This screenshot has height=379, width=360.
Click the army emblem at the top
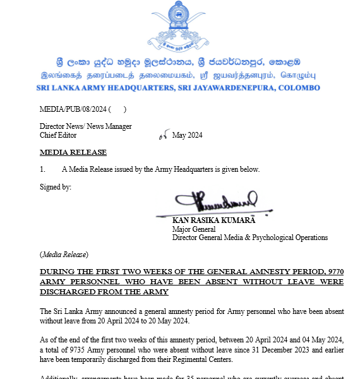click(x=180, y=28)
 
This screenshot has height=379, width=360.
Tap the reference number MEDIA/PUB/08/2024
click(x=73, y=109)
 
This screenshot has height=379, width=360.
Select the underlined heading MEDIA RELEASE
click(x=73, y=152)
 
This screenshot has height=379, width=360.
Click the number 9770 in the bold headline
click(x=333, y=272)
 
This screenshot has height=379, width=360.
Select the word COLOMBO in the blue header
click(x=299, y=87)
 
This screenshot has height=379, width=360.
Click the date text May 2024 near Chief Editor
click(x=187, y=135)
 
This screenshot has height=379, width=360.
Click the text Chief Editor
click(x=58, y=135)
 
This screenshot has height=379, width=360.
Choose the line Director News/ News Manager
click(x=86, y=126)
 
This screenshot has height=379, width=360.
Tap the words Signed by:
click(x=56, y=186)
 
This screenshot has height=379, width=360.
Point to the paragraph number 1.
click(x=42, y=169)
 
